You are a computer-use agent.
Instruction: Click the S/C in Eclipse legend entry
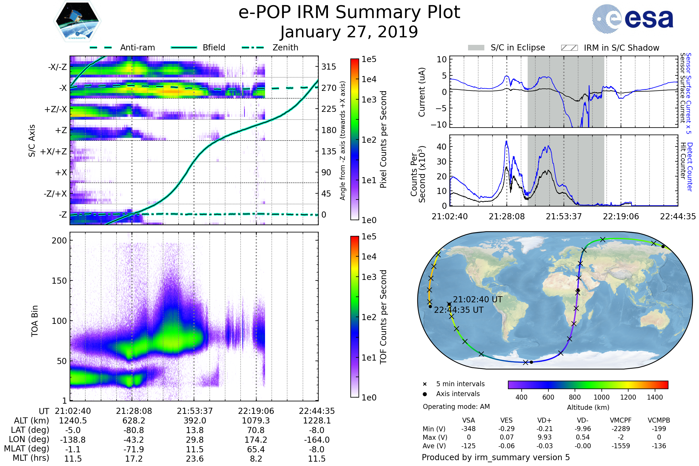pyautogui.click(x=518, y=47)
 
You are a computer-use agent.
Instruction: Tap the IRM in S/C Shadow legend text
pyautogui.click(x=621, y=48)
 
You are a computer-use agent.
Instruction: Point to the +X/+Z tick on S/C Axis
pyautogui.click(x=54, y=151)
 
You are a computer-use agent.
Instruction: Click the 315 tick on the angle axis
pyautogui.click(x=329, y=67)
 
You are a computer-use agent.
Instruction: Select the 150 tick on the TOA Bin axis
pyautogui.click(x=59, y=280)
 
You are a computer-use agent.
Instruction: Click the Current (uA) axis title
pyautogui.click(x=422, y=92)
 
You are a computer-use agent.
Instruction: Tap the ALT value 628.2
pyautogui.click(x=134, y=421)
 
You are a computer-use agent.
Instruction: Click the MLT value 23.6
pyautogui.click(x=195, y=458)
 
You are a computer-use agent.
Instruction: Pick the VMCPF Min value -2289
pyautogui.click(x=621, y=429)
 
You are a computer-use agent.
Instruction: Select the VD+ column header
pyautogui.click(x=544, y=420)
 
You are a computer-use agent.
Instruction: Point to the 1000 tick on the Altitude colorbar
pyautogui.click(x=601, y=397)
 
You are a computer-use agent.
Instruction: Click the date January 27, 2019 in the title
pyautogui.click(x=349, y=32)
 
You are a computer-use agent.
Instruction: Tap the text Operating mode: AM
pyautogui.click(x=456, y=407)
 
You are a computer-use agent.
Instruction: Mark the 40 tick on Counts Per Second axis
pyautogui.click(x=442, y=146)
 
